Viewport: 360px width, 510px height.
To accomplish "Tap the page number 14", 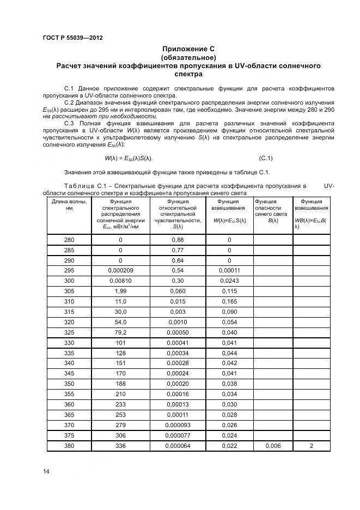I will click(x=46, y=472).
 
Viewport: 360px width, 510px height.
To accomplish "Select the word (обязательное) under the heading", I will click(x=188, y=58).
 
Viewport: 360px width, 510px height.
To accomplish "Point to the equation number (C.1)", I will click(x=266, y=158).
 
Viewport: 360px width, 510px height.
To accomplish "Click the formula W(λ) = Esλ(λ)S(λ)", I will click(x=129, y=158).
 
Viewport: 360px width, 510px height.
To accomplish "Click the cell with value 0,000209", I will click(x=120, y=271).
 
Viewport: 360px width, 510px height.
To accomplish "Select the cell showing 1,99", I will click(x=120, y=292).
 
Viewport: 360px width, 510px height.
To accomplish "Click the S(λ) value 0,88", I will click(x=178, y=240).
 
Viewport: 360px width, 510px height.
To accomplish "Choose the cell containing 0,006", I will click(x=272, y=446).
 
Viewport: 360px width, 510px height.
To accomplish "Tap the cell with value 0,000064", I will click(x=178, y=446).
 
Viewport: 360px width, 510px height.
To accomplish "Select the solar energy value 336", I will click(x=120, y=446).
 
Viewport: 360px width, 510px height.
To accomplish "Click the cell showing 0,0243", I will click(x=229, y=282).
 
